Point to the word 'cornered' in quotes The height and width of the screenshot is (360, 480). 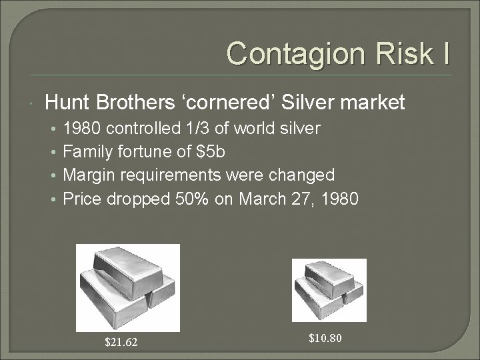(x=227, y=102)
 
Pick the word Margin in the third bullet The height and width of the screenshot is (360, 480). (x=87, y=175)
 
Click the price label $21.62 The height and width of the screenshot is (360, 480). (x=121, y=343)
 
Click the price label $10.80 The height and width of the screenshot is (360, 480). (x=326, y=338)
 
